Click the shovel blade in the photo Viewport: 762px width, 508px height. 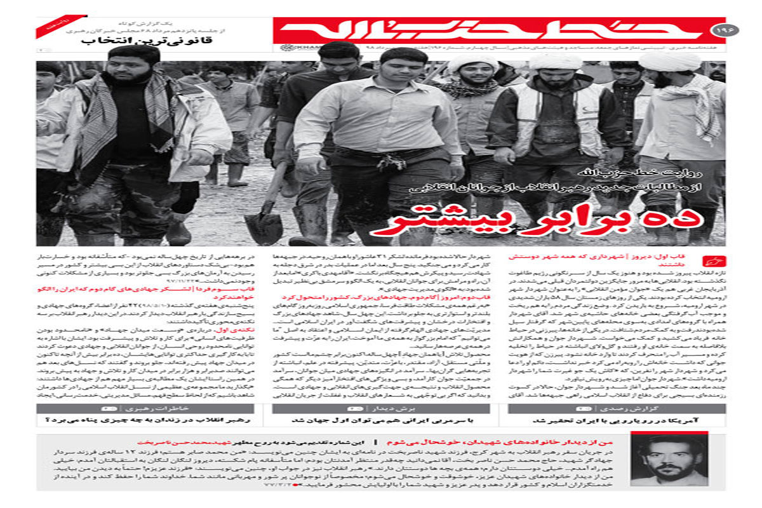(264, 229)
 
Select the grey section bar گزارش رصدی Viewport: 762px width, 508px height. (617, 408)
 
